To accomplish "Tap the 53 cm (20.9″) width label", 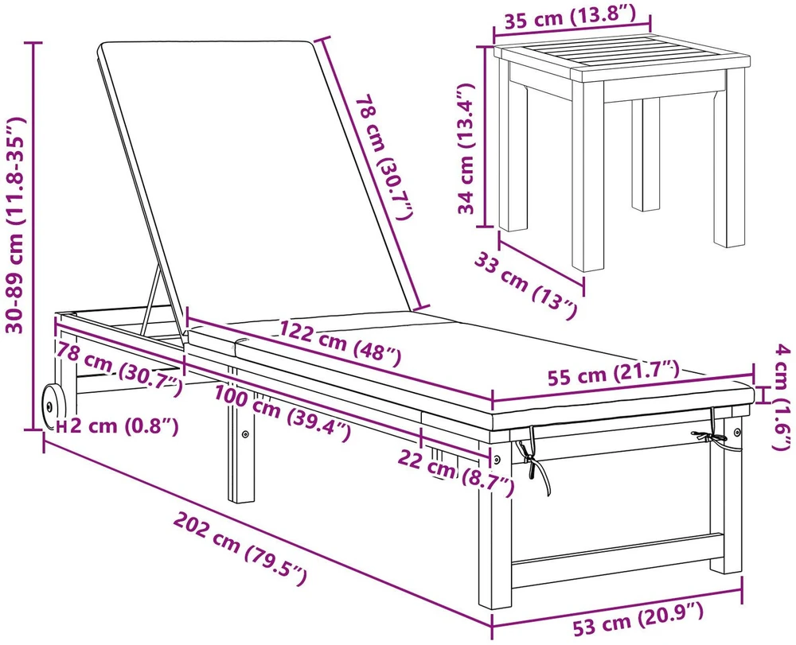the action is click(x=638, y=619).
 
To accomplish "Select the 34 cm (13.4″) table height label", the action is click(x=466, y=149).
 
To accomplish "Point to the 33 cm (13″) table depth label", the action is click(x=525, y=286).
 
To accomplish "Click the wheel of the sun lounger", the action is click(x=53, y=406).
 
